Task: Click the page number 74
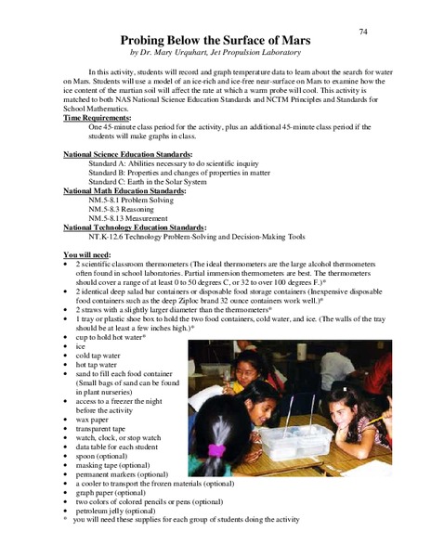click(x=363, y=31)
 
